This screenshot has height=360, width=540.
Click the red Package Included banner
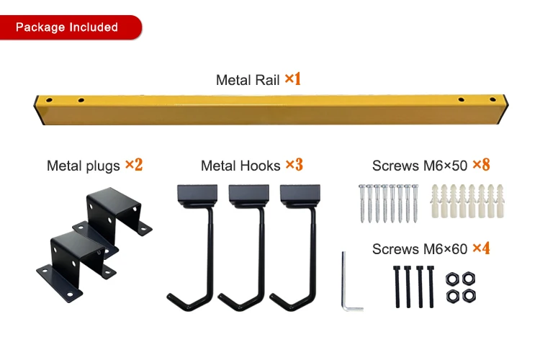[68, 27]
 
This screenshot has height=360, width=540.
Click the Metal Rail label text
[248, 80]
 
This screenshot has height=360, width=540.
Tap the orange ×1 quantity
[292, 79]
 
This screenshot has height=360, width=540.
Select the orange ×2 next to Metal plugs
[134, 165]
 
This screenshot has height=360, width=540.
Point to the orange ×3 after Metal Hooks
[294, 165]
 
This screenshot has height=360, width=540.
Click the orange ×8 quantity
[481, 165]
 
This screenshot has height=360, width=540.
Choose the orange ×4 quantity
[481, 249]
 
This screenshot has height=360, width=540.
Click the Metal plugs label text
[83, 166]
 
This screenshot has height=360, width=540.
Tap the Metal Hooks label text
[240, 166]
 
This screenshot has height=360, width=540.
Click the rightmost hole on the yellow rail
[493, 100]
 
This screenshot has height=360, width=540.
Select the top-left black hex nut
[454, 279]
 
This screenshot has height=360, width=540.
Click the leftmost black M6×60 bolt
[397, 286]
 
